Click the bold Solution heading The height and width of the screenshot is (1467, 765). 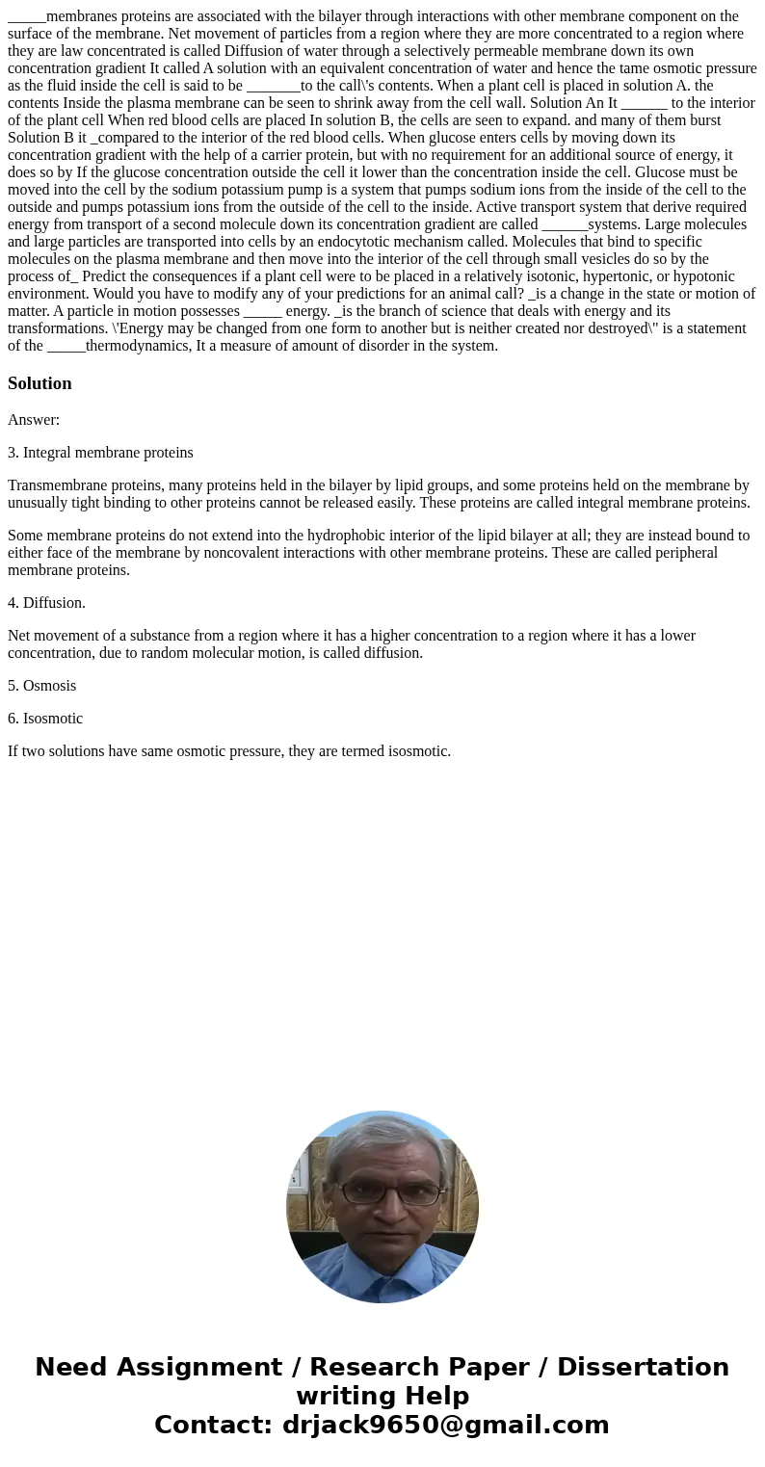coord(40,383)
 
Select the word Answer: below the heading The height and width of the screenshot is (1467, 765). coord(34,420)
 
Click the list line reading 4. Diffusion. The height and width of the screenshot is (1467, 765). coord(46,603)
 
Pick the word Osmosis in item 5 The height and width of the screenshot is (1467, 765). coord(49,686)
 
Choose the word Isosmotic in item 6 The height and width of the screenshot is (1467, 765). coord(53,719)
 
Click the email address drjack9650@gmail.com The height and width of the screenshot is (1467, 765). coord(445,1425)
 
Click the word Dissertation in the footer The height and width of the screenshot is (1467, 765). coord(643,1367)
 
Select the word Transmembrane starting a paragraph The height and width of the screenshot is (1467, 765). coord(54,485)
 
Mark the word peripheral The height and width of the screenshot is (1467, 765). coord(684,553)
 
